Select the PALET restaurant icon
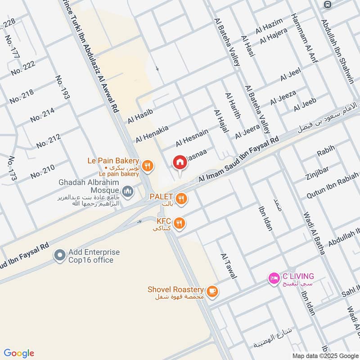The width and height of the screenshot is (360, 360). click(x=181, y=198)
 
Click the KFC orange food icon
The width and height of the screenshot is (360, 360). click(x=179, y=223)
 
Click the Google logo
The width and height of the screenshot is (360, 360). click(x=19, y=353)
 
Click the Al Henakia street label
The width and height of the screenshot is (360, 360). click(x=152, y=134)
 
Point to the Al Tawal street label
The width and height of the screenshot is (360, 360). click(x=228, y=265)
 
